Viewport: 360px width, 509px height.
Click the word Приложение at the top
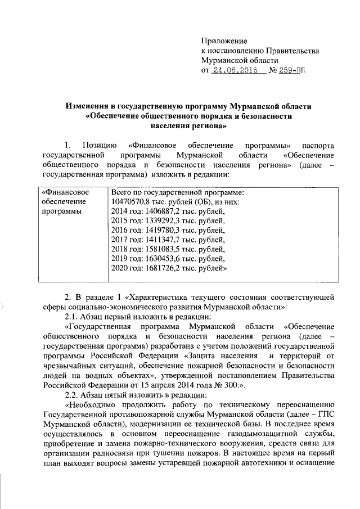[x=224, y=41]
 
